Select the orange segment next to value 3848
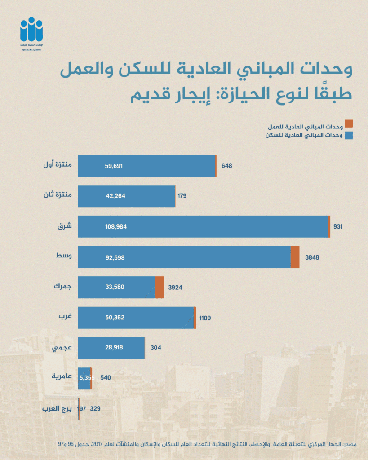tap(295, 257)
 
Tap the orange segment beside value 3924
tap(160, 287)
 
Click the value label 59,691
tap(114, 166)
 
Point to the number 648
tap(226, 166)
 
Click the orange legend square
tap(349, 123)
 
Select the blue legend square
tap(349, 135)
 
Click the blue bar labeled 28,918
tap(111, 348)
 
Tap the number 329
tap(95, 408)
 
